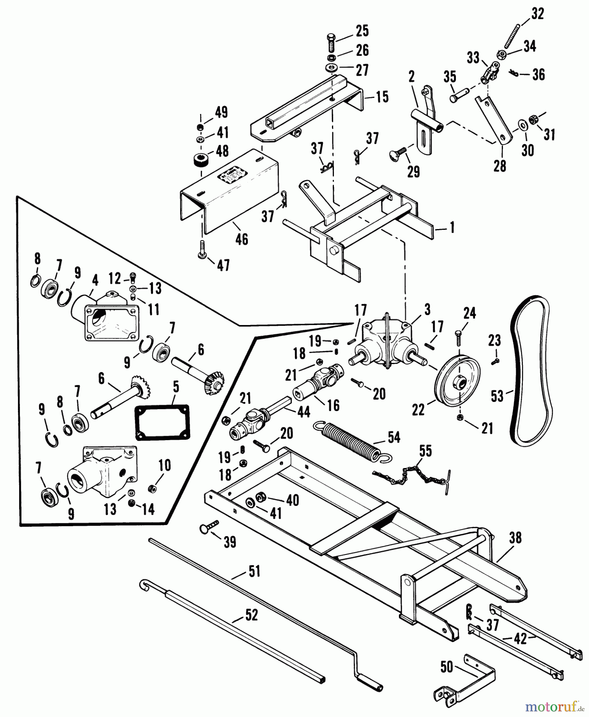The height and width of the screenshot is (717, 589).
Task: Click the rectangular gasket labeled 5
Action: pos(163,422)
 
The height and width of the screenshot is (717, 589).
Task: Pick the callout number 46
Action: pos(241,240)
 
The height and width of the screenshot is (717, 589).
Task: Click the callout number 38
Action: pos(515,538)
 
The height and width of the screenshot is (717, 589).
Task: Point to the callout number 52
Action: pos(251,615)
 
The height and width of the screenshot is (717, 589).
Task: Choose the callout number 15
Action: pos(382,97)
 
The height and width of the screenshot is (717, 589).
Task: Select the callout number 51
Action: pos(254,572)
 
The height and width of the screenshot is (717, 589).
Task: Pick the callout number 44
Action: pos(304,411)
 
